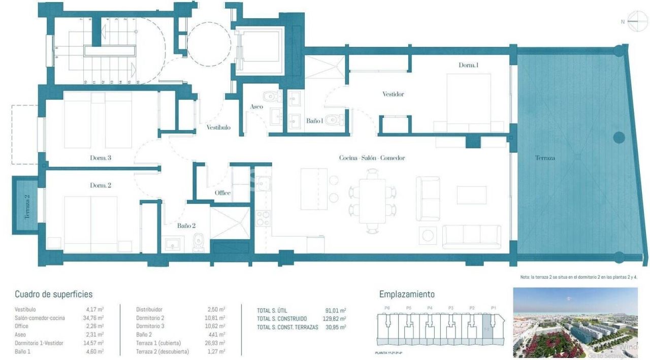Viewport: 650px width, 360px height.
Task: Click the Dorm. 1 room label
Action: [468, 65]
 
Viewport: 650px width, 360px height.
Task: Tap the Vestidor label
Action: [393, 94]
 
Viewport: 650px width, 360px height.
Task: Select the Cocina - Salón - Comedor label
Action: [372, 158]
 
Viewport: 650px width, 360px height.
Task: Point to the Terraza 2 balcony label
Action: [27, 206]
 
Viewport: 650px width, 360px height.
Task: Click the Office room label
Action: [222, 193]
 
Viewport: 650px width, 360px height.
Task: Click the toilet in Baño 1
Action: [333, 120]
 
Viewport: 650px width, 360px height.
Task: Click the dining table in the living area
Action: [372, 201]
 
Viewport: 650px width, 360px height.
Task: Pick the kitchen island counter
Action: [314, 189]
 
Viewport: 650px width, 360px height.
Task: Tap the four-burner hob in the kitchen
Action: [263, 219]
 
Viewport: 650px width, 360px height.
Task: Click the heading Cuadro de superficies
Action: [53, 294]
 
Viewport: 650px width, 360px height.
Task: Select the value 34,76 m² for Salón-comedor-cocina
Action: [94, 318]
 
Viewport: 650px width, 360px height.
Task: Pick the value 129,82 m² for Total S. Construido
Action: [335, 318]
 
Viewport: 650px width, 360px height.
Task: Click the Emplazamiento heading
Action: [407, 294]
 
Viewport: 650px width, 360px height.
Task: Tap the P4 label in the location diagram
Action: [430, 308]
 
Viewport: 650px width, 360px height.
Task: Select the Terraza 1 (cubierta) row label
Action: [158, 343]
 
